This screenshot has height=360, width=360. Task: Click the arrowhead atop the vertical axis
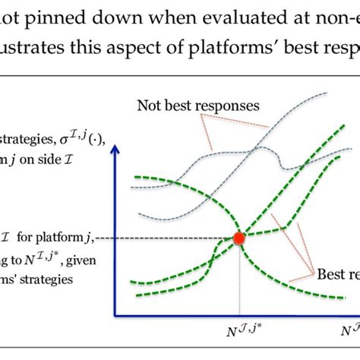click(115, 153)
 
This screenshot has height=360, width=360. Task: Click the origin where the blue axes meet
click(115, 314)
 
